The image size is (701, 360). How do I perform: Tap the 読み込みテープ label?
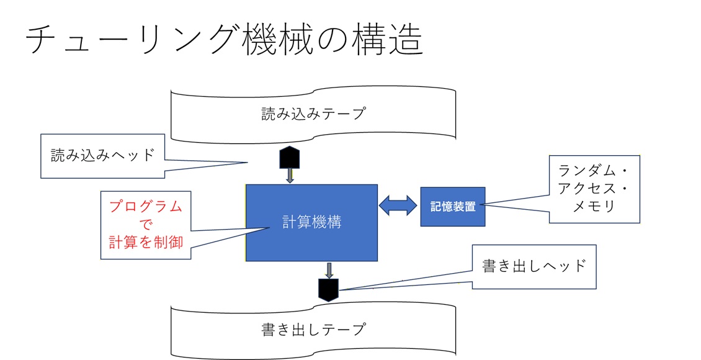pyautogui.click(x=313, y=114)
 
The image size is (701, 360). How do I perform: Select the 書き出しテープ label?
pyautogui.click(x=313, y=328)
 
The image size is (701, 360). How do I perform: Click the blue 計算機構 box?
pyautogui.click(x=312, y=222)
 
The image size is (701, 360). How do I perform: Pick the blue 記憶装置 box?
pyautogui.click(x=453, y=207)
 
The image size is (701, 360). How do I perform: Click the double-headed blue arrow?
pyautogui.click(x=398, y=205)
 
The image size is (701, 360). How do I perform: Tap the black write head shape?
pyautogui.click(x=329, y=289)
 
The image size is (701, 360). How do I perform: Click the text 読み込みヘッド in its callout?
pyautogui.click(x=102, y=155)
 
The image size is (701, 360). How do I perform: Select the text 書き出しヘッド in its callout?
pyautogui.click(x=534, y=266)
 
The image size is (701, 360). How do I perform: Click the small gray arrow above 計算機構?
pyautogui.click(x=290, y=176)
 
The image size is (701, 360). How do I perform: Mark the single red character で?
pyautogui.click(x=146, y=225)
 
